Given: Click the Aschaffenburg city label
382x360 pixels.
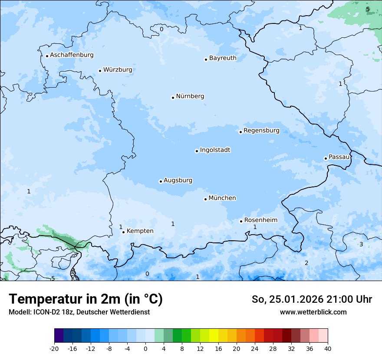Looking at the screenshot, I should [x=72, y=55].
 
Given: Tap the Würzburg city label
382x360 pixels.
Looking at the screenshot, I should [x=118, y=70].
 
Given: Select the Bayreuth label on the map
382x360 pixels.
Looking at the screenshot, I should [x=223, y=58].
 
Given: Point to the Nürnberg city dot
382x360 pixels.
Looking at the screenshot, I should [x=173, y=98].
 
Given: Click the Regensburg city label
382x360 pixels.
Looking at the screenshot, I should [x=261, y=131].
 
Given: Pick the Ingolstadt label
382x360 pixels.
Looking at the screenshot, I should [x=215, y=150].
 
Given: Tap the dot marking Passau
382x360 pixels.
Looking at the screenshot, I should [x=326, y=158].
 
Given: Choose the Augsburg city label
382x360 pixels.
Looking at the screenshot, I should [x=178, y=180].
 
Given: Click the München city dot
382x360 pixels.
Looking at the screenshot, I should [x=205, y=199].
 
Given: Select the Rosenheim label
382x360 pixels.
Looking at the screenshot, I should [x=260, y=220].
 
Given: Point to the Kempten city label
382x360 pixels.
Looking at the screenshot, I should [x=140, y=231].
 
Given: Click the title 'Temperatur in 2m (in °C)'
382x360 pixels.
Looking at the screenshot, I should [x=86, y=299].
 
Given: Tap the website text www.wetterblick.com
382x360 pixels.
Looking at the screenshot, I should [x=313, y=312].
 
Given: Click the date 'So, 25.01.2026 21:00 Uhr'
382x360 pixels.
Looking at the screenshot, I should [x=312, y=299].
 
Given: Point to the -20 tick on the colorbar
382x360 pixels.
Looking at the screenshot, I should [x=54, y=349].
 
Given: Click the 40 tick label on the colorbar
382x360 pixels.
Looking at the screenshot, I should [x=328, y=349].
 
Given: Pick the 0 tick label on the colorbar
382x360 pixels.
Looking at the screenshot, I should [x=145, y=349].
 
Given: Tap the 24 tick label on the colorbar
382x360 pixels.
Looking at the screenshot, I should [x=255, y=349].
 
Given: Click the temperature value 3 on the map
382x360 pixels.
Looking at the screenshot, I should [x=361, y=245].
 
